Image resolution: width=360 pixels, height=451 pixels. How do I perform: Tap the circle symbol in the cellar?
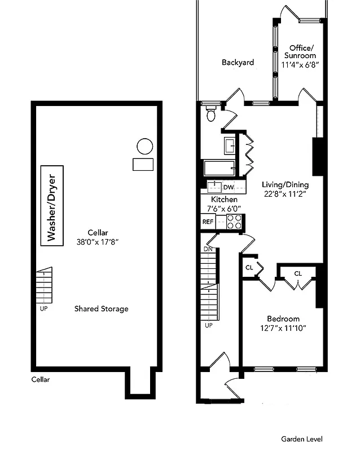(144, 147)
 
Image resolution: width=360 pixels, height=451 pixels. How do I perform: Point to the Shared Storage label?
(101, 309)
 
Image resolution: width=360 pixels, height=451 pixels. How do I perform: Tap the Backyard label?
(238, 63)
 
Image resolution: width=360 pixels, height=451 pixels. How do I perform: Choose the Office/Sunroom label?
(301, 56)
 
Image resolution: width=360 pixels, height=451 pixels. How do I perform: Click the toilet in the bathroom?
(212, 115)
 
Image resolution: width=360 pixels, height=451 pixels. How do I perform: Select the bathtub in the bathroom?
(218, 169)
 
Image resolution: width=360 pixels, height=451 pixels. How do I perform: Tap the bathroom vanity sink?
(230, 145)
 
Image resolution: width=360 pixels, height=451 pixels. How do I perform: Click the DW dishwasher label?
(229, 187)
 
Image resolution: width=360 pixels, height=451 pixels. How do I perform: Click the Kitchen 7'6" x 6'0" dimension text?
(224, 204)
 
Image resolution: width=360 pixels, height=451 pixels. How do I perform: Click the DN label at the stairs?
(208, 249)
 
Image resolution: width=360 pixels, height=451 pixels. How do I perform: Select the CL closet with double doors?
(298, 274)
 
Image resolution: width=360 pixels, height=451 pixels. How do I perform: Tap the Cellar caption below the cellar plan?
(40, 379)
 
